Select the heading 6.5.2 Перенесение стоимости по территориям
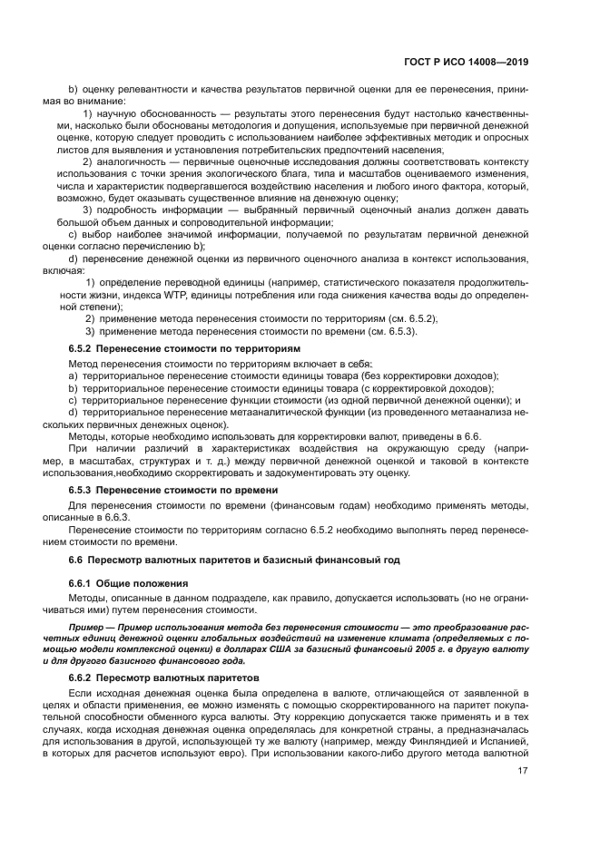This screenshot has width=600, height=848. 184,348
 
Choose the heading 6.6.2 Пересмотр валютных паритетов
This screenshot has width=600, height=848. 165,677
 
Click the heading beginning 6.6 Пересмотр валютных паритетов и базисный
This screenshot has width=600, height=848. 234,560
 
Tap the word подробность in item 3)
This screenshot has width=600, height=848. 123,210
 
